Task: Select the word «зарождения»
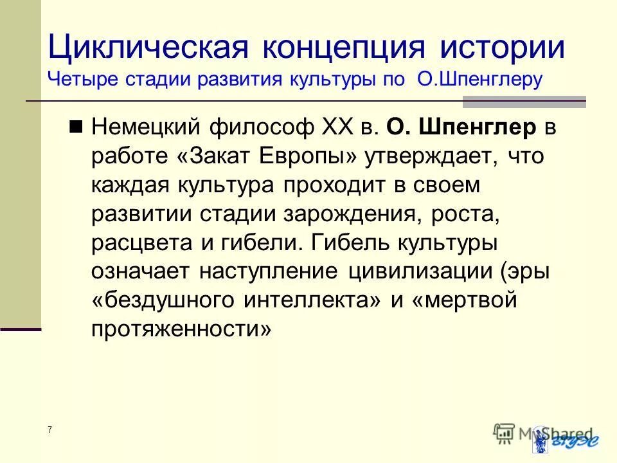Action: [x=352, y=214]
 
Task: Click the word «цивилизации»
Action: [x=421, y=272]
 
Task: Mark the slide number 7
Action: [x=49, y=430]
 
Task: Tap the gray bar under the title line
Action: [x=524, y=102]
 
